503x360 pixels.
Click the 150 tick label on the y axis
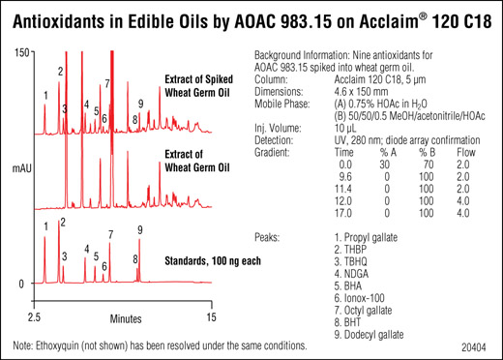click(x=22, y=53)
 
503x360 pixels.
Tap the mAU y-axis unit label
click(x=22, y=168)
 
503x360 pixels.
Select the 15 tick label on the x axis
click(x=211, y=317)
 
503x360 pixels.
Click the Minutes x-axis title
click(x=126, y=318)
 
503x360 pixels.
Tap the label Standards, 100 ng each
click(x=213, y=260)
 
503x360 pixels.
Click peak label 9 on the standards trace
click(x=140, y=229)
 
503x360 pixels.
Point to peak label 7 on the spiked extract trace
click(x=107, y=83)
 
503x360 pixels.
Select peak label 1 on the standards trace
click(x=46, y=226)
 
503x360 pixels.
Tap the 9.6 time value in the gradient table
click(x=345, y=177)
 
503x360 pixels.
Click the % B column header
click(x=428, y=152)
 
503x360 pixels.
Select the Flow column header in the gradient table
click(x=466, y=152)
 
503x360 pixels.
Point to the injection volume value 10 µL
click(x=345, y=129)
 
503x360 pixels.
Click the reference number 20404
click(x=473, y=347)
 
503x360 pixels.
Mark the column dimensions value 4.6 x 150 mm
click(x=361, y=92)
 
